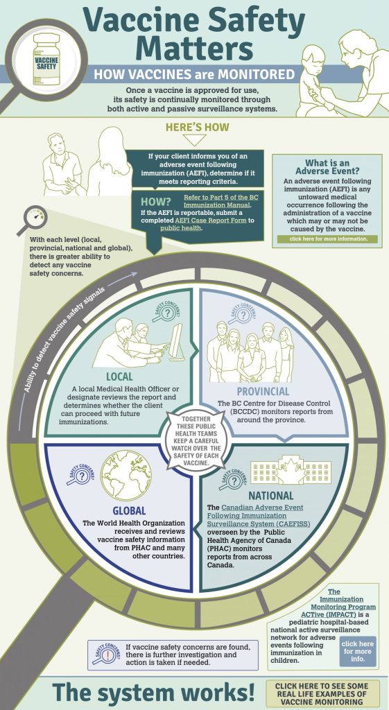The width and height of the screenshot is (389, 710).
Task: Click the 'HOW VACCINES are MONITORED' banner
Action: pos(195,73)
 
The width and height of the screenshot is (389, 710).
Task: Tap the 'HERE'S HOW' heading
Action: pos(198,128)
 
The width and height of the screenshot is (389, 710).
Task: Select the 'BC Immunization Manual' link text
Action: pos(217,201)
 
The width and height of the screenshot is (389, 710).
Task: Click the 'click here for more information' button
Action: pos(328,239)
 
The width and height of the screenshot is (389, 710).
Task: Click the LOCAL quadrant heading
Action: pos(119,376)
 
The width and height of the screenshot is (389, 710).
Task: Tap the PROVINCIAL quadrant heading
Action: pos(262,391)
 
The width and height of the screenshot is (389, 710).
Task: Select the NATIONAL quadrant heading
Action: pos(271,495)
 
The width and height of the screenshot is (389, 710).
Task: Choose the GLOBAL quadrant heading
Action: pos(129,511)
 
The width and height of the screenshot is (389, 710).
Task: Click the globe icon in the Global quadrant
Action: pos(126,475)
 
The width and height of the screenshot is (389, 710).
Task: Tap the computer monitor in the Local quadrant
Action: pos(175,342)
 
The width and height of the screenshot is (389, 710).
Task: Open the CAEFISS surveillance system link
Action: pos(255,515)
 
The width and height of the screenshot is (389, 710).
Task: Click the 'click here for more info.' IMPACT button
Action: pos(357,651)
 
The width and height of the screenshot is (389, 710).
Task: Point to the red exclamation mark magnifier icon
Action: pos(105,654)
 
